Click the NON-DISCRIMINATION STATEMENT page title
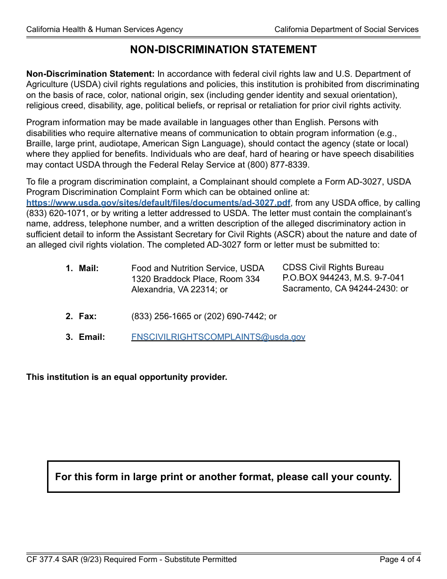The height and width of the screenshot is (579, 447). click(223, 49)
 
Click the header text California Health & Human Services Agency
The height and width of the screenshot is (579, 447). click(104, 29)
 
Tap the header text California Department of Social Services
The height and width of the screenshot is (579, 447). click(346, 29)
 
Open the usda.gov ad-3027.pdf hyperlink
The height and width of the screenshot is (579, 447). click(159, 203)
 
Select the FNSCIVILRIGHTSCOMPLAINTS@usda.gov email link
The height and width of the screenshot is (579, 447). click(218, 337)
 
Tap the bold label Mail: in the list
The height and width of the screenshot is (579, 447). click(88, 268)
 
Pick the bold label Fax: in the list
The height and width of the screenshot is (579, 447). click(88, 316)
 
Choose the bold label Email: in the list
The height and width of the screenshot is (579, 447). click(92, 337)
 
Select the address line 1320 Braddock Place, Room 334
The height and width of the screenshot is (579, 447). click(195, 279)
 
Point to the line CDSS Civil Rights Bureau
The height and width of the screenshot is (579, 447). click(333, 267)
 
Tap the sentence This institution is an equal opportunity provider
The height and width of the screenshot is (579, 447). click(127, 377)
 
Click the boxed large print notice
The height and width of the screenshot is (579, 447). click(223, 477)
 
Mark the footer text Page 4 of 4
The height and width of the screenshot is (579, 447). click(400, 560)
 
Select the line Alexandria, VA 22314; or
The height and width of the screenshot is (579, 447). click(179, 289)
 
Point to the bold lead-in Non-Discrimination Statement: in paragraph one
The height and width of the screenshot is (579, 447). click(90, 74)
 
